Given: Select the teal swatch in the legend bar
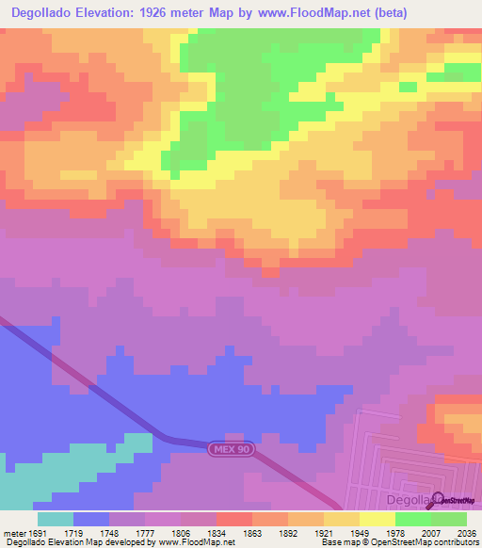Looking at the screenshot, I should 56,520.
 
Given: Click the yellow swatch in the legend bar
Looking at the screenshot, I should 378,520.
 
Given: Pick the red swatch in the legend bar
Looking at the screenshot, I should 234,520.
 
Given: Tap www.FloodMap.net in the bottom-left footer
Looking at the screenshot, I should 197,541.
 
